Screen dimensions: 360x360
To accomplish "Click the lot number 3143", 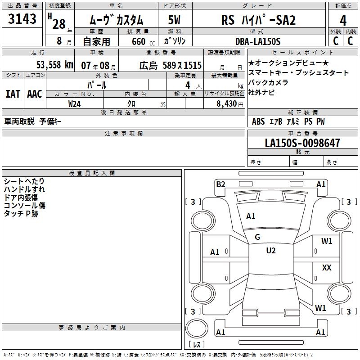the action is point(22,18).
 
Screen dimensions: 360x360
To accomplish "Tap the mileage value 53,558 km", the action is point(55,65).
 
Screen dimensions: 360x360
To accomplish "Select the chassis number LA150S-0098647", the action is point(302,143).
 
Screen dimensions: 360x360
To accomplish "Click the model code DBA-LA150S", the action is point(258,41).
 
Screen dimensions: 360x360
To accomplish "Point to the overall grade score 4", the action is point(343,21).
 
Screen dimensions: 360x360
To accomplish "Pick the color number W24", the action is point(74,104).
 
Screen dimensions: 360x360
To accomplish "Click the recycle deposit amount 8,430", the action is point(227,104).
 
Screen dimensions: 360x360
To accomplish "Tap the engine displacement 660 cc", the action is point(143,41).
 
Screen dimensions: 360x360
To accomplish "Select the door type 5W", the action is point(174,20).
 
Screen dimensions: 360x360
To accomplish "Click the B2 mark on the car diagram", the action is point(220,184).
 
